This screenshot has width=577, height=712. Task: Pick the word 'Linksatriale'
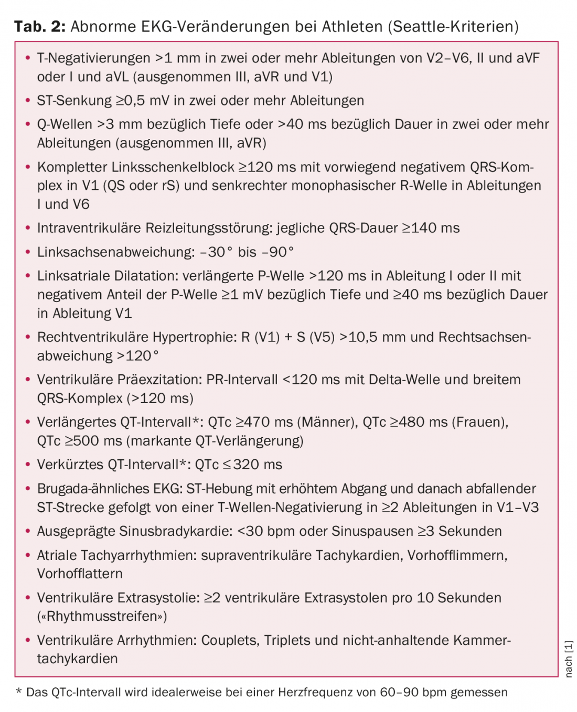(x=73, y=276)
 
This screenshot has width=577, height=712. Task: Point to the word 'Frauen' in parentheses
(x=479, y=422)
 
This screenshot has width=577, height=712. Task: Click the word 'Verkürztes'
(x=70, y=465)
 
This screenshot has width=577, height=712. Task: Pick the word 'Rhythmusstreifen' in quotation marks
(x=102, y=616)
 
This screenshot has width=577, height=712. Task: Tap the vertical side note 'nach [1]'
(x=569, y=659)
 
